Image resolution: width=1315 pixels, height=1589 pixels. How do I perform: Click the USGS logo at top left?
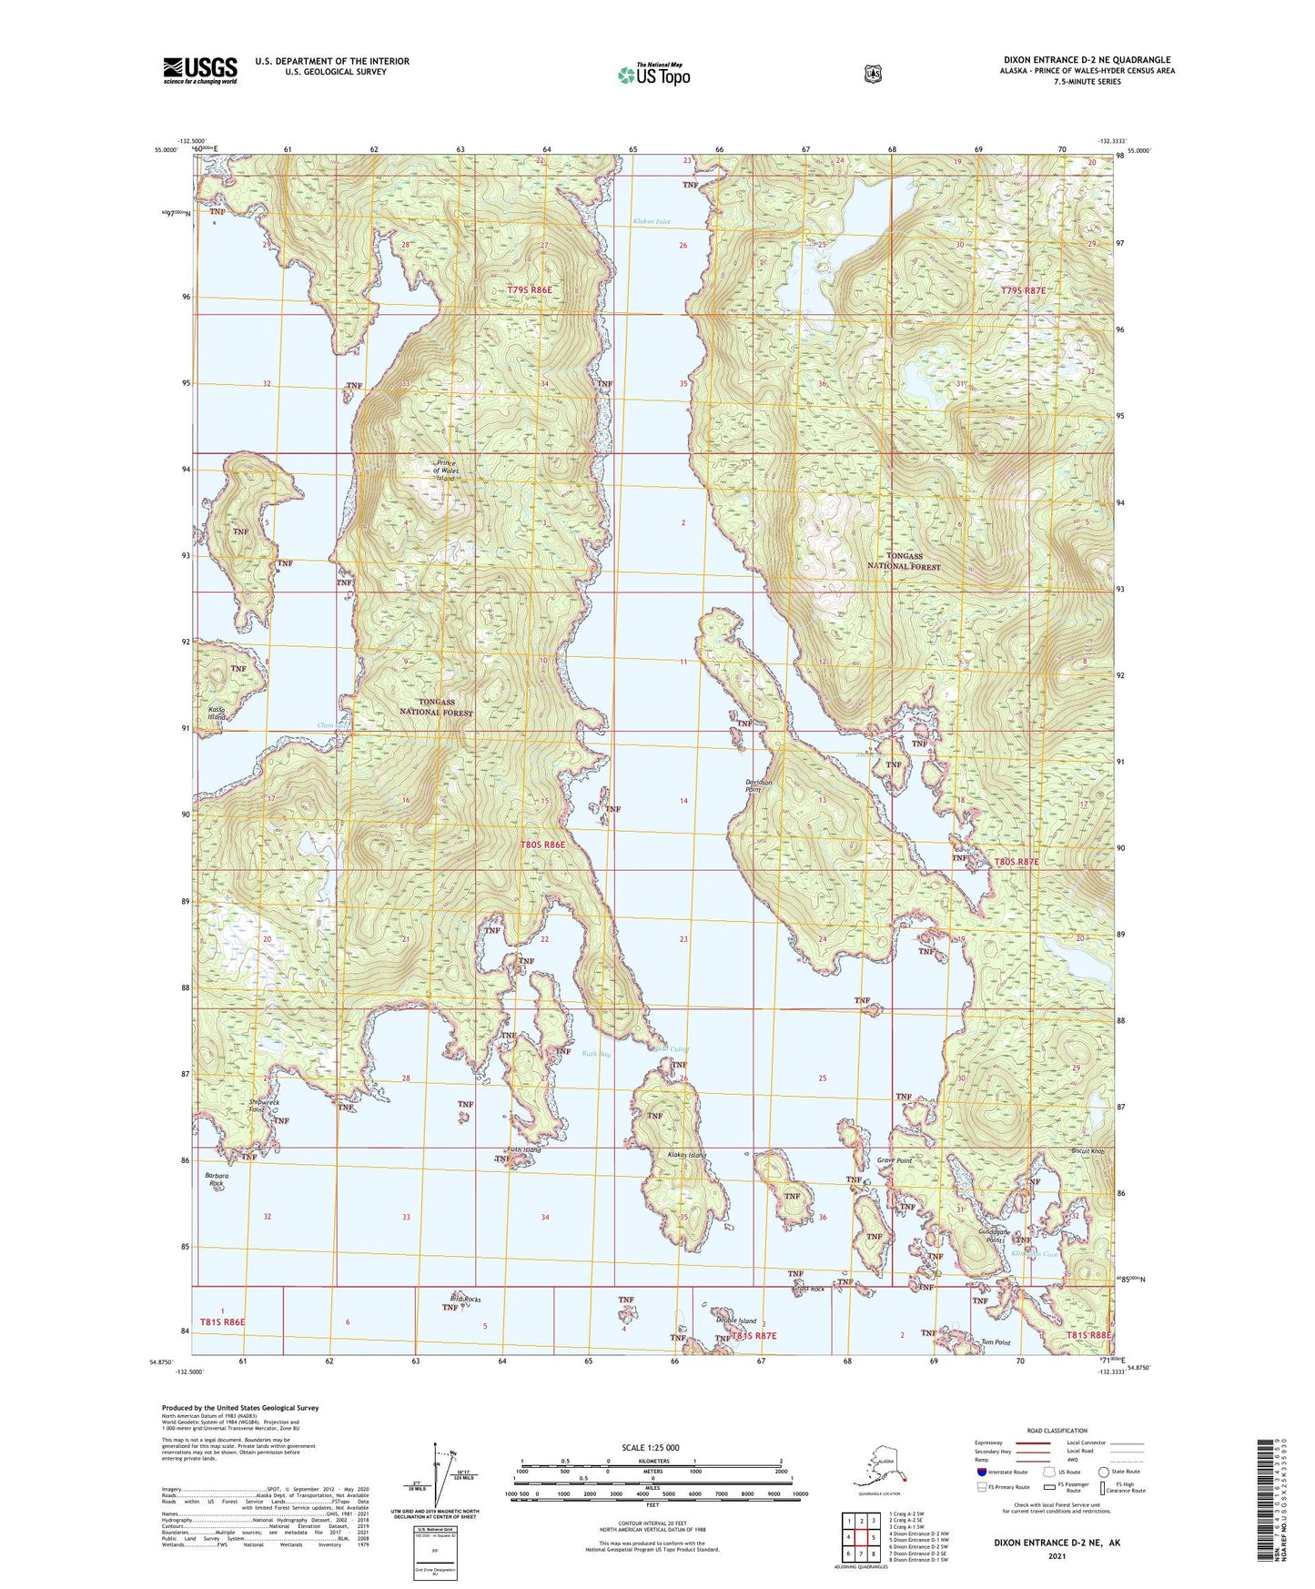pyautogui.click(x=200, y=70)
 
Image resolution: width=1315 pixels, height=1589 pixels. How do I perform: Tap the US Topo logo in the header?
pyautogui.click(x=652, y=75)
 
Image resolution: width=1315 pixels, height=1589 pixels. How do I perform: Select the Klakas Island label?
pyautogui.click(x=686, y=1155)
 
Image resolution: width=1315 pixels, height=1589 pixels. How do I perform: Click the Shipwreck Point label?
pyautogui.click(x=263, y=1107)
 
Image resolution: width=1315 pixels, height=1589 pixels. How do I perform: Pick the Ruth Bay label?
pyautogui.click(x=596, y=1054)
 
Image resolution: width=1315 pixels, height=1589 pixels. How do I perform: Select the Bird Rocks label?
pyautogui.click(x=465, y=1298)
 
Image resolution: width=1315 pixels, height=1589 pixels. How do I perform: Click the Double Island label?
pyautogui.click(x=735, y=1321)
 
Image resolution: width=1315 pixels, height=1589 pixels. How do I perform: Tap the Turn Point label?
pyautogui.click(x=996, y=1342)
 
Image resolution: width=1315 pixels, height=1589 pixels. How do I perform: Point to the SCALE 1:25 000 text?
pyautogui.click(x=652, y=1447)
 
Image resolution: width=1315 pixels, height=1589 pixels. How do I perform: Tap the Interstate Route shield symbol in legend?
pyautogui.click(x=981, y=1471)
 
